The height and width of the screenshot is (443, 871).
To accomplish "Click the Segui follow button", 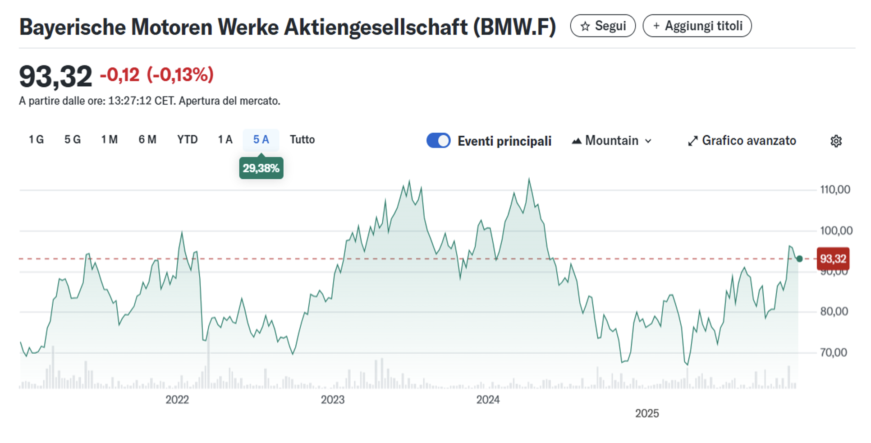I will click(603, 26).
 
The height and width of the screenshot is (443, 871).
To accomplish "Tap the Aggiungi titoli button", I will click(697, 26).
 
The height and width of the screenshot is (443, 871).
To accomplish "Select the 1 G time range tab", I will click(36, 140).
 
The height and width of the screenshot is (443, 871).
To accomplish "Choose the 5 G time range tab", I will click(72, 140).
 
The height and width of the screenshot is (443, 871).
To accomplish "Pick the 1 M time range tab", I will click(109, 140).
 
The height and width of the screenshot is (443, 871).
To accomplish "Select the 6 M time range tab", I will click(147, 140).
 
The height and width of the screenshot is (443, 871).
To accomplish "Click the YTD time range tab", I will click(187, 140).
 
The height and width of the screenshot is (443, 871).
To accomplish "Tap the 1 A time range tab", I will click(225, 140).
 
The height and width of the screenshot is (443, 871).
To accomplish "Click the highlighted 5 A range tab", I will click(261, 140).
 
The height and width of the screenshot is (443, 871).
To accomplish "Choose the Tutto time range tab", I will click(302, 140).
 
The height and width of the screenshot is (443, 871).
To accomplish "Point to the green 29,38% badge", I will click(261, 168).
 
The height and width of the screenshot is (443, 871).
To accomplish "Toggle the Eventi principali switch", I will click(438, 141).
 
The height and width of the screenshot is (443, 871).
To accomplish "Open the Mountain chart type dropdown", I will click(612, 141).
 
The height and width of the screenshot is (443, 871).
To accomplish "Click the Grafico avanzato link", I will click(742, 141).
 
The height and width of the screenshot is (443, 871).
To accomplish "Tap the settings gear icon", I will click(836, 141).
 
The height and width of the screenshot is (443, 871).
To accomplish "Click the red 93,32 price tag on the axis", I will click(833, 259).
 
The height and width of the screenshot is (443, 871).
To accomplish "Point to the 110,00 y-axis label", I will click(835, 189).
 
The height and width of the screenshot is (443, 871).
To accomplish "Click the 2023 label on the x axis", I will click(333, 400).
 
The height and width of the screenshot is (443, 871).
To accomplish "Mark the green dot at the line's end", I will click(799, 259).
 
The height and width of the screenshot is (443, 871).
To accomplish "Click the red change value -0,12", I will click(119, 75).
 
